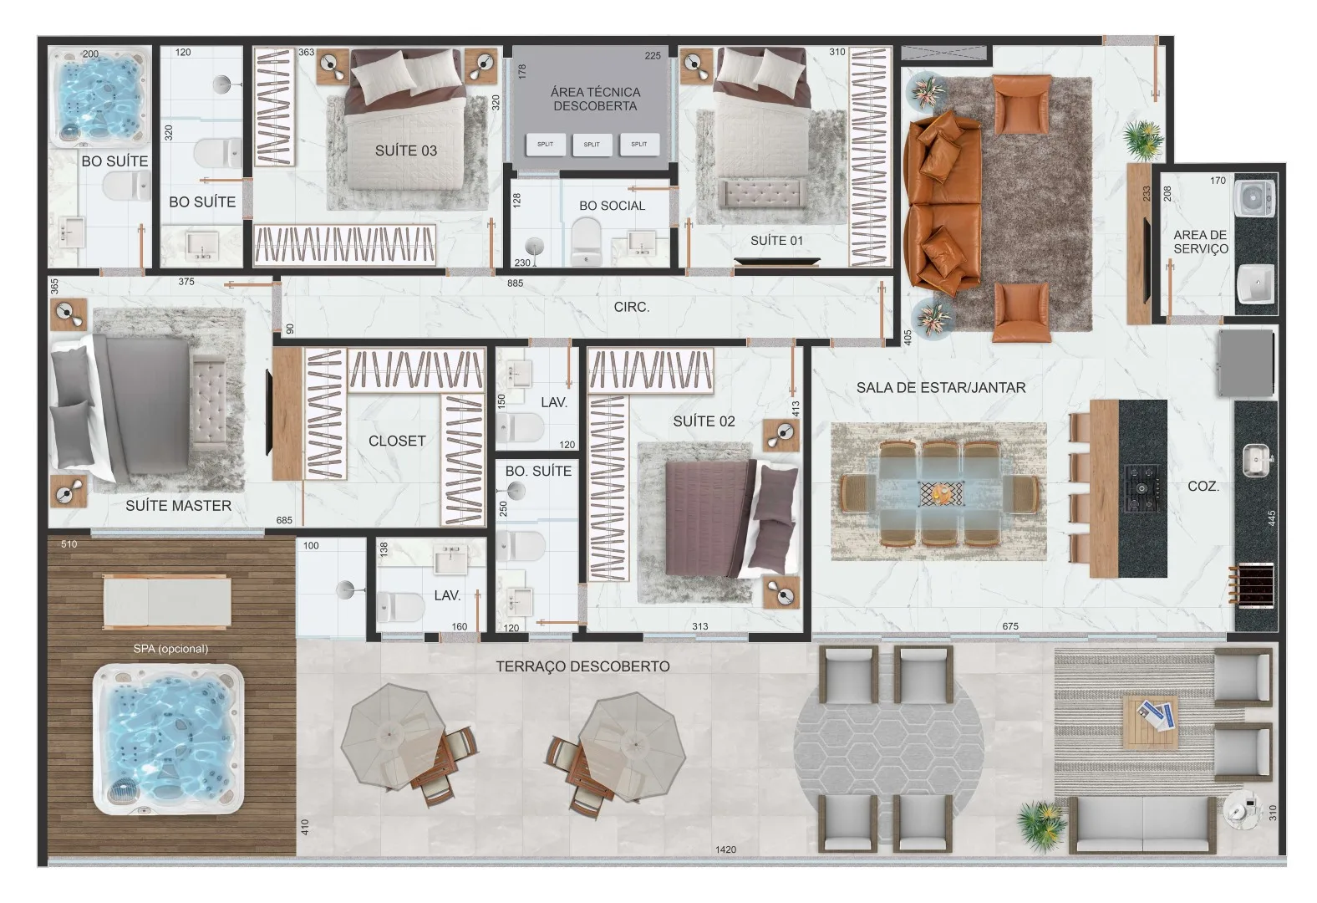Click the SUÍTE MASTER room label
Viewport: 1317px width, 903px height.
tap(178, 505)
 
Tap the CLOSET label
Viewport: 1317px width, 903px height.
tap(397, 441)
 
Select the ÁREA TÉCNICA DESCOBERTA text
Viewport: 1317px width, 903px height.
tap(595, 99)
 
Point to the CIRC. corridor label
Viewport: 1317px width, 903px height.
tap(632, 307)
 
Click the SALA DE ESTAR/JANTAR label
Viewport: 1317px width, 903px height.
tap(941, 387)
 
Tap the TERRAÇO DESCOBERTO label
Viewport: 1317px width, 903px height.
tap(582, 666)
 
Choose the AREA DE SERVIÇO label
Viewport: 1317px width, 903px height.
tap(1201, 242)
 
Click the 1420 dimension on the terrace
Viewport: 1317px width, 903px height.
tap(725, 849)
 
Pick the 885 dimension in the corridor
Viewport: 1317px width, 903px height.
tap(515, 283)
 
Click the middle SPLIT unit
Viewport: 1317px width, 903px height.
tap(592, 144)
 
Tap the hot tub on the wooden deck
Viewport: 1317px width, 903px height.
tap(168, 739)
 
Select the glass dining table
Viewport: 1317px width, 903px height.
tap(941, 491)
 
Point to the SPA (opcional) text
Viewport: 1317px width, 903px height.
tap(170, 648)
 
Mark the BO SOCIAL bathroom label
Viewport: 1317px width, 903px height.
tap(612, 206)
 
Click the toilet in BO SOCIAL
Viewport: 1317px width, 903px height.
tap(586, 242)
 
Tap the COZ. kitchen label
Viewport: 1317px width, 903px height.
tap(1203, 486)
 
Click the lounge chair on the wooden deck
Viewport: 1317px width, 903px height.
tap(167, 601)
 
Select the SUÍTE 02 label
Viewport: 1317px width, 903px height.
tap(704, 421)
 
